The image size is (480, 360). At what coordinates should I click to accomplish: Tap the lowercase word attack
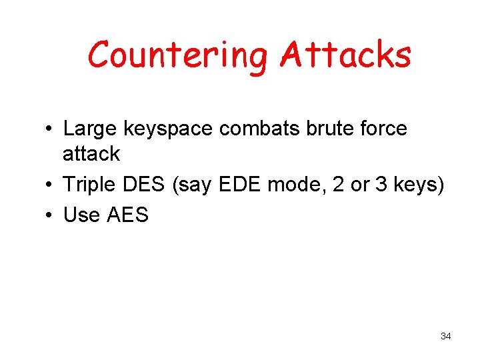coord(91,154)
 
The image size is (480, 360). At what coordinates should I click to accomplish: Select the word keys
coord(419,185)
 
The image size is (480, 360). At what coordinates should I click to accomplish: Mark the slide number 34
coord(446,336)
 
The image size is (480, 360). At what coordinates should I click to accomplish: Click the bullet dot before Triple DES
coord(50,185)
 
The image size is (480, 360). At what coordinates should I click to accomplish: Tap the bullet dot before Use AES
coord(50,216)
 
